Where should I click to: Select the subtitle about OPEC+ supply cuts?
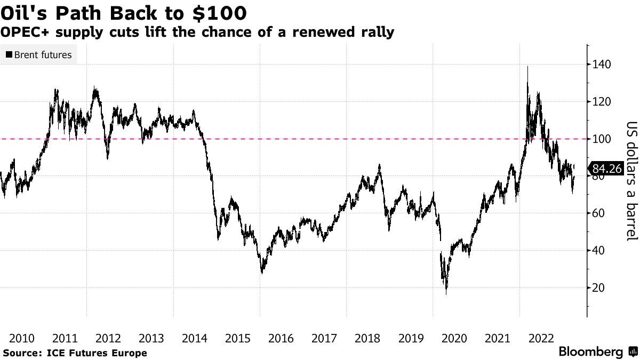197,33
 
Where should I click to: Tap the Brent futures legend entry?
38,54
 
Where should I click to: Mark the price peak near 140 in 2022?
527,67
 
